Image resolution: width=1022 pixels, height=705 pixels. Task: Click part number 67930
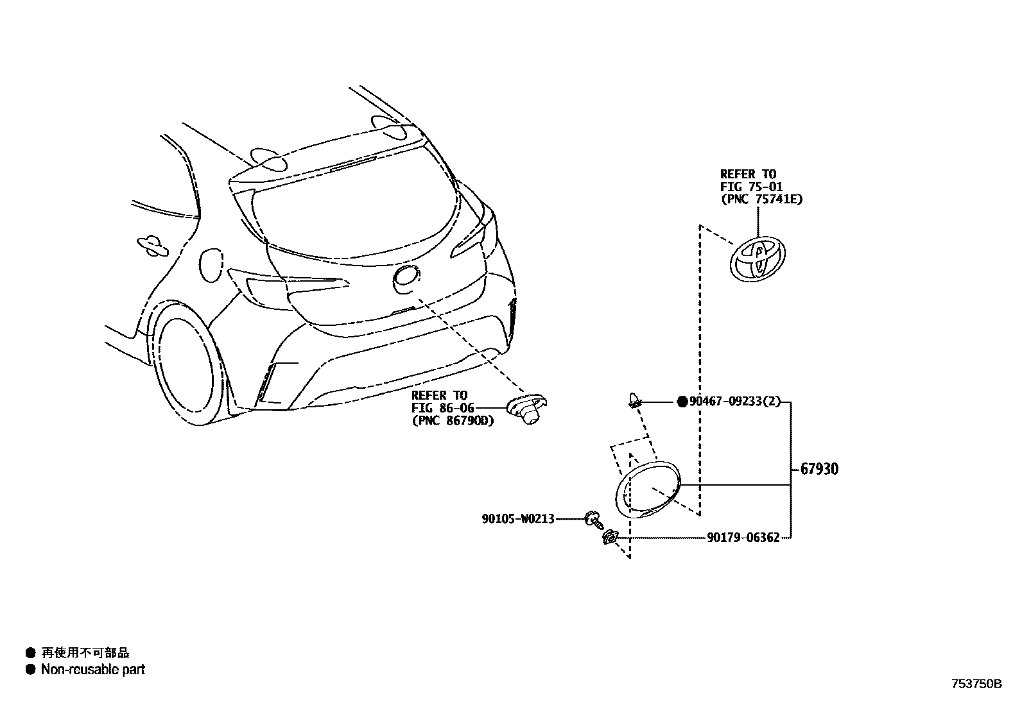819,470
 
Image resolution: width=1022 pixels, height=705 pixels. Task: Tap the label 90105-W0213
517,518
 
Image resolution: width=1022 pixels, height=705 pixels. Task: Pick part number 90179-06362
743,538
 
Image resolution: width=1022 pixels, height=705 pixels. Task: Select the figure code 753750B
976,684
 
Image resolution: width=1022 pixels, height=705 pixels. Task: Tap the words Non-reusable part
92,670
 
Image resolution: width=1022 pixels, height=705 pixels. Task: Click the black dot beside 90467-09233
682,402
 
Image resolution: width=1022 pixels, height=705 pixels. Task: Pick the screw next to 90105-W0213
593,519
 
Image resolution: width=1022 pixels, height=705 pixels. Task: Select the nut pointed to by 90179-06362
609,538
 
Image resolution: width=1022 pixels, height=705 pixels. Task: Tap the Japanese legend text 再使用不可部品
85,653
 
